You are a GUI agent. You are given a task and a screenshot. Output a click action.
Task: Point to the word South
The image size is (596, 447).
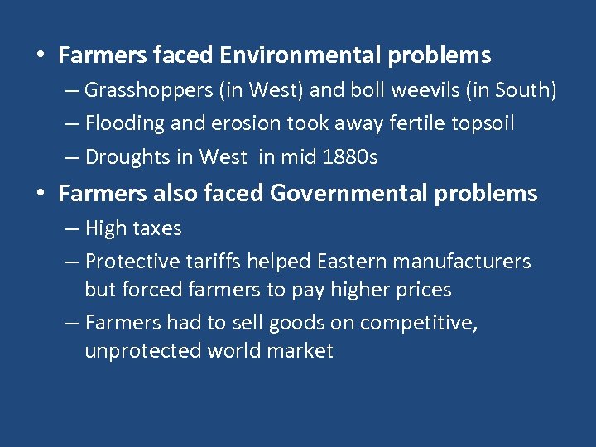(525, 90)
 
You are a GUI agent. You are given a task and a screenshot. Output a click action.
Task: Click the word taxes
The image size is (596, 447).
(156, 228)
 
